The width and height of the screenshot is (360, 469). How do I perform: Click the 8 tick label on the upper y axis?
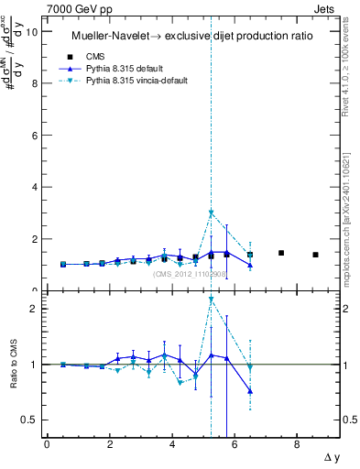[x=36, y=83]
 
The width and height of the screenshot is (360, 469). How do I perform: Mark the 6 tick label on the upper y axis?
[x=36, y=136]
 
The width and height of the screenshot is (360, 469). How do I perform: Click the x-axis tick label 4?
[x=172, y=445]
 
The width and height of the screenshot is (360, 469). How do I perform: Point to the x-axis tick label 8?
[x=297, y=445]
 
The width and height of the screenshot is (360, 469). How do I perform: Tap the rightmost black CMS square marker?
[x=315, y=255]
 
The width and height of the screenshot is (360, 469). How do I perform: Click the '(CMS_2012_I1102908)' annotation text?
[x=189, y=274]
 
